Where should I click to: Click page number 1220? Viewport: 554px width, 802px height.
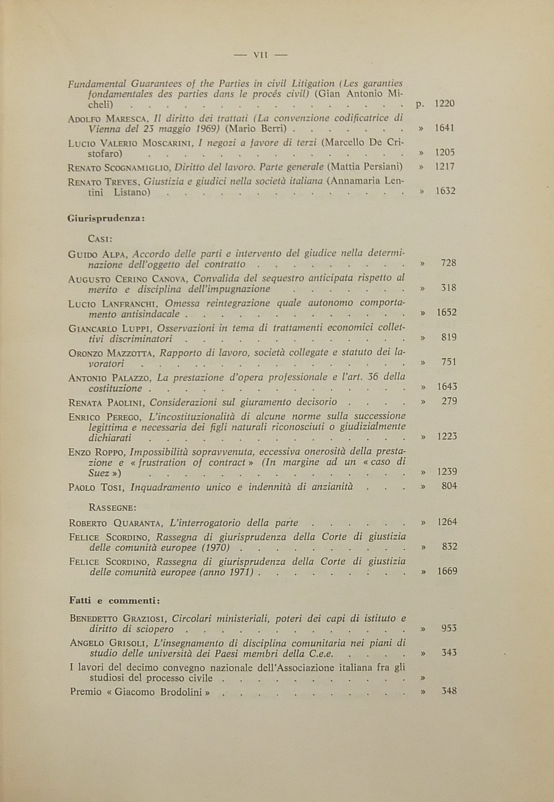pyautogui.click(x=445, y=104)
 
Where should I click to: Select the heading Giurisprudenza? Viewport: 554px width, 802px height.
pyautogui.click(x=105, y=219)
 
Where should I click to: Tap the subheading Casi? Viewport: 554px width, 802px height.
pyautogui.click(x=100, y=239)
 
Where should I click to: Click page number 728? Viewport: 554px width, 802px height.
pyautogui.click(x=448, y=263)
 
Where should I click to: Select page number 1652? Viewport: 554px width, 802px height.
pyautogui.click(x=446, y=312)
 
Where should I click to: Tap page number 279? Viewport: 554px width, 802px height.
pyautogui.click(x=449, y=401)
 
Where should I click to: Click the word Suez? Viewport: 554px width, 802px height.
pyautogui.click(x=99, y=473)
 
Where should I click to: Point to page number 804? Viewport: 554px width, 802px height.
pyautogui.click(x=449, y=486)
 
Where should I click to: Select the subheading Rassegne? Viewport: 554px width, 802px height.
pyautogui.click(x=113, y=507)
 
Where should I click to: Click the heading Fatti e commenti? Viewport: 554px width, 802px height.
pyautogui.click(x=115, y=601)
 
